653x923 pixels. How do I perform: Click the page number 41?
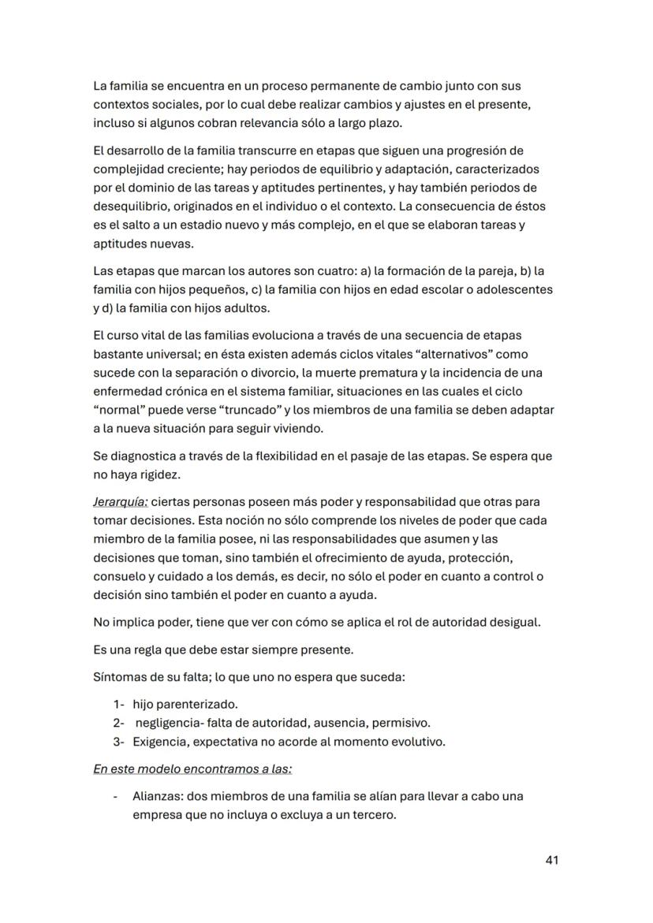(551, 861)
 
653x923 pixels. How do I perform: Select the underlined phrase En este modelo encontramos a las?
(192, 769)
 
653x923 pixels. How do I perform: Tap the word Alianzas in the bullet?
(157, 796)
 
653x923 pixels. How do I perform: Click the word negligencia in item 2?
(170, 723)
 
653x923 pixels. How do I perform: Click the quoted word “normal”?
(118, 410)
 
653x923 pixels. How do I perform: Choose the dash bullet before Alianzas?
(116, 796)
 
